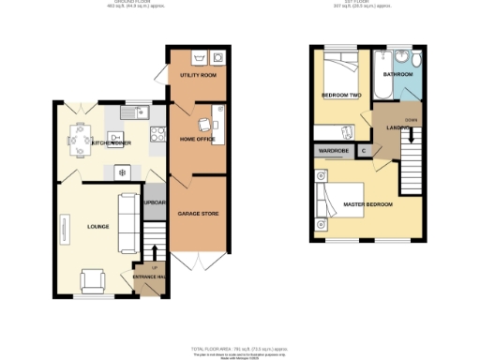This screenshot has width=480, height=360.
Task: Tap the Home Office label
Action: coord(197,140)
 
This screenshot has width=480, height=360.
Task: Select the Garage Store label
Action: coord(197,214)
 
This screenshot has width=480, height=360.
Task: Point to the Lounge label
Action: coord(97,226)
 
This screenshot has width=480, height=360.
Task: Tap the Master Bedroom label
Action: coord(367,203)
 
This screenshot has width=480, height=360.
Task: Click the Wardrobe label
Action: coord(334,150)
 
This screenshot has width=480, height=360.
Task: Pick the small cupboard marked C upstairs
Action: coord(363,150)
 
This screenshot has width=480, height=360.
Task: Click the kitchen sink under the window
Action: coord(143,113)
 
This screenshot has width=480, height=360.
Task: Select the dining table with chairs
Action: coord(75,142)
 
